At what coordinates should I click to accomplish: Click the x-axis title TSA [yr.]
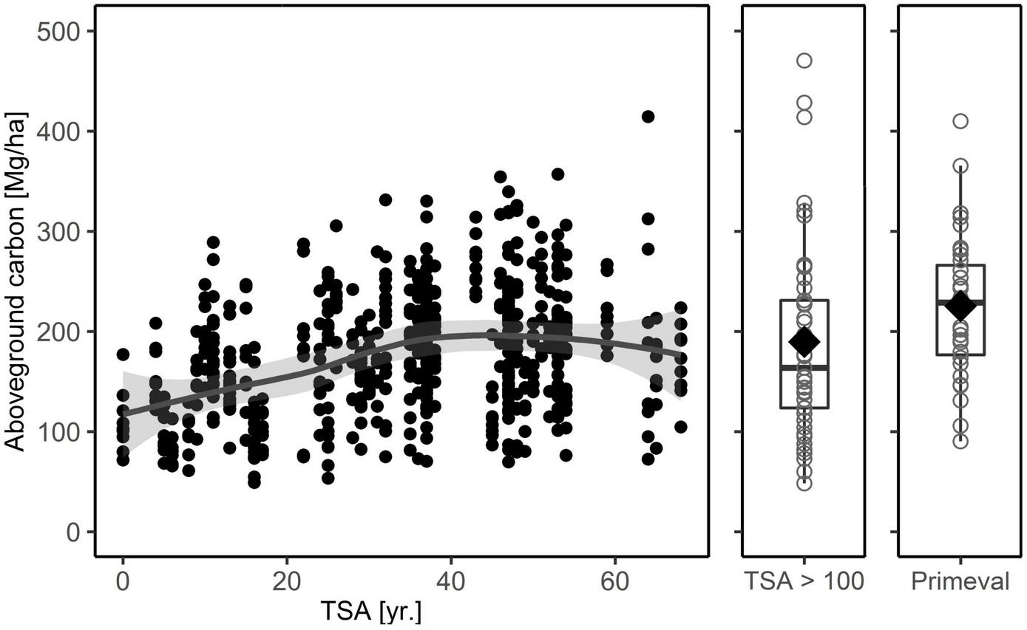click(x=371, y=612)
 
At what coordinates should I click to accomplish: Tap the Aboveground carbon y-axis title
click(x=16, y=281)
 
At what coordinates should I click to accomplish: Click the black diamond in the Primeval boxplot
click(x=960, y=305)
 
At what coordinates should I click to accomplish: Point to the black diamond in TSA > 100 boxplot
click(x=804, y=340)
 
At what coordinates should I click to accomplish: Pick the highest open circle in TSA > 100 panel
click(x=804, y=61)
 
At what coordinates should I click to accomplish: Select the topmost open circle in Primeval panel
click(x=960, y=121)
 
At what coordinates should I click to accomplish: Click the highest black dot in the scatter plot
click(x=648, y=117)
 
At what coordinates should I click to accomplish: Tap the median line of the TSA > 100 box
click(x=804, y=366)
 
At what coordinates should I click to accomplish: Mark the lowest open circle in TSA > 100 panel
click(x=804, y=483)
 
